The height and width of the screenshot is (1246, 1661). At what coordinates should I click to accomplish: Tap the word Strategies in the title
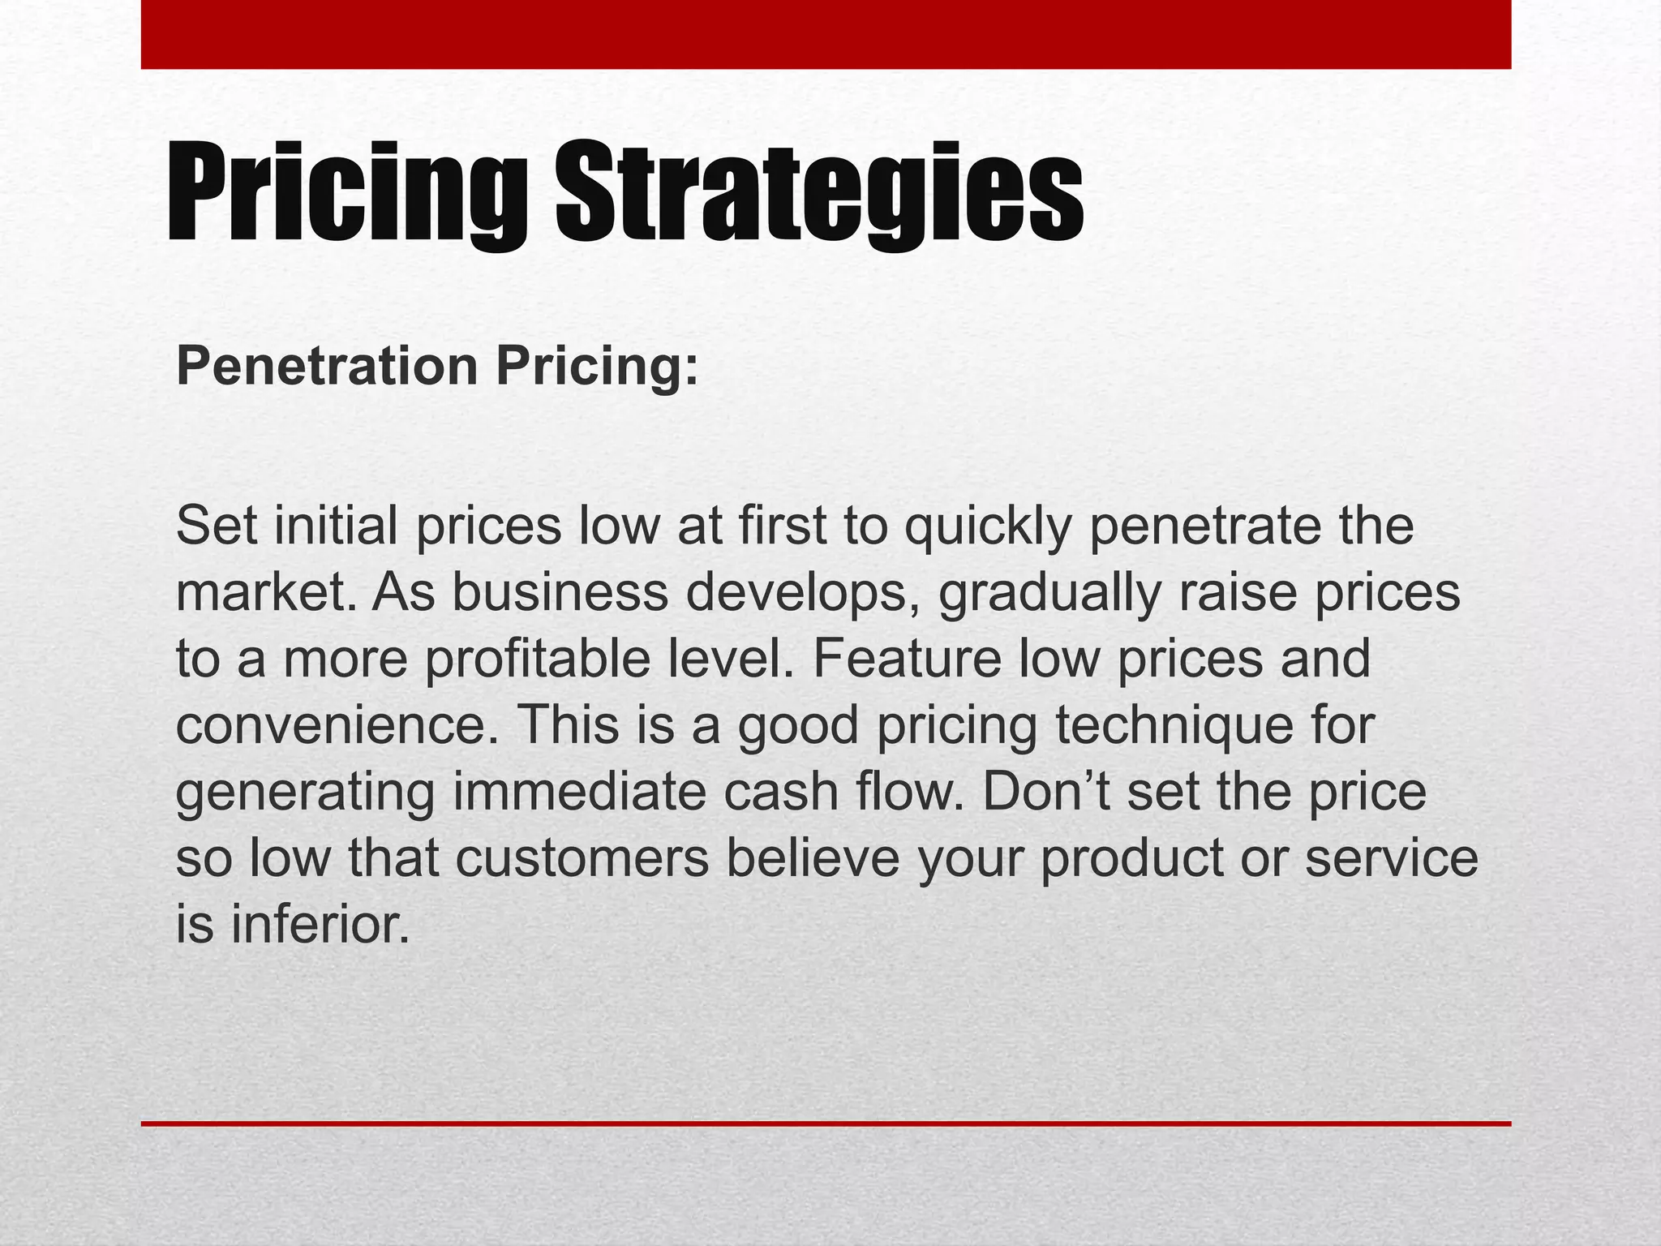click(x=819, y=195)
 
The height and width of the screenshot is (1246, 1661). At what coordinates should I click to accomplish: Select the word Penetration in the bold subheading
click(x=327, y=367)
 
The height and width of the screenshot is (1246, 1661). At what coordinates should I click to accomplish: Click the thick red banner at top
click(x=826, y=34)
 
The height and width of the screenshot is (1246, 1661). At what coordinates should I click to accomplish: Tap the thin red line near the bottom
click(x=826, y=1124)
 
